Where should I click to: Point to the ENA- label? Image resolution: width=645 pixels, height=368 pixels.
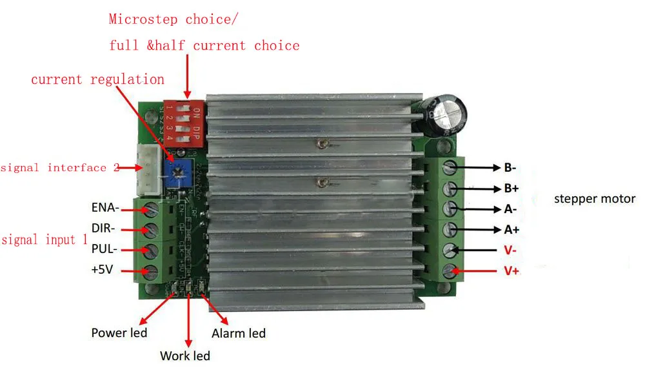pyautogui.click(x=105, y=208)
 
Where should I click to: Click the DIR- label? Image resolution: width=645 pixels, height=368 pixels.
pyautogui.click(x=104, y=228)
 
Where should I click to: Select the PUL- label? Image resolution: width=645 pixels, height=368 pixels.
pyautogui.click(x=104, y=249)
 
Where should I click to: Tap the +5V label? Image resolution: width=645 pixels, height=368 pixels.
pyautogui.click(x=102, y=270)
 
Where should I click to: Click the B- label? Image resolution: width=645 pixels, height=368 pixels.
pyautogui.click(x=510, y=168)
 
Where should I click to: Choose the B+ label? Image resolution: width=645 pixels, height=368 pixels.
pyautogui.click(x=511, y=189)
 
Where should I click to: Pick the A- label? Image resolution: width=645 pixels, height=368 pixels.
pyautogui.click(x=511, y=209)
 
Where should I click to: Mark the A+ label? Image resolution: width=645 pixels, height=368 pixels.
pyautogui.click(x=511, y=230)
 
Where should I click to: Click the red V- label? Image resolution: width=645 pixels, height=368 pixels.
pyautogui.click(x=510, y=250)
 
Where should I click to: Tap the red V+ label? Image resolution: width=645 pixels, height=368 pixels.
pyautogui.click(x=511, y=271)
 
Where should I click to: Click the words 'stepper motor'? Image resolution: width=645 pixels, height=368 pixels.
pyautogui.click(x=595, y=199)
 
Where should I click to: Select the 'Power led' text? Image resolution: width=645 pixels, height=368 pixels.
pyautogui.click(x=119, y=333)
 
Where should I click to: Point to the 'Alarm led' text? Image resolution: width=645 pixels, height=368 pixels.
pyautogui.click(x=239, y=333)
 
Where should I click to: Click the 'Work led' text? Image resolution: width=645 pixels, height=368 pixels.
pyautogui.click(x=185, y=355)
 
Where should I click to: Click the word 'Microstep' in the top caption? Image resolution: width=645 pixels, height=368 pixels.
pyautogui.click(x=143, y=19)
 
